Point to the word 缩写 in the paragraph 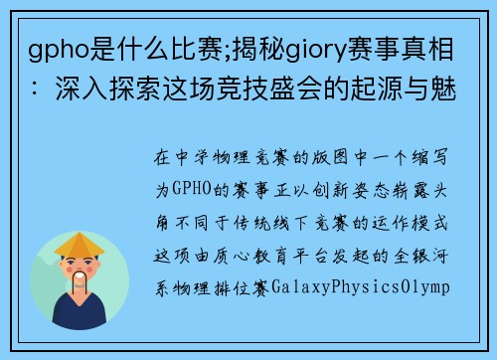point(436,157)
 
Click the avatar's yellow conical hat point(80,243)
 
